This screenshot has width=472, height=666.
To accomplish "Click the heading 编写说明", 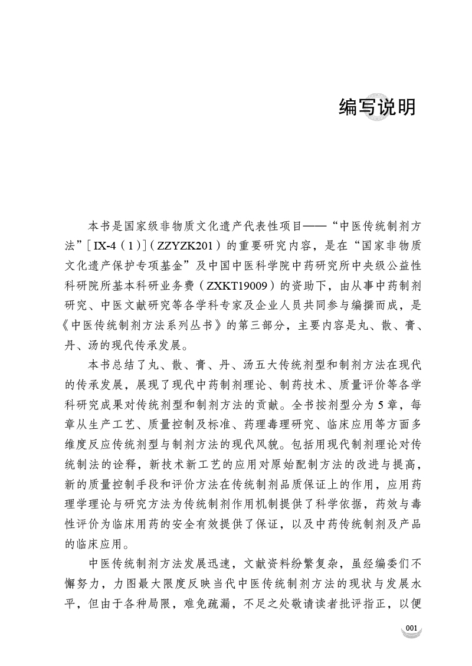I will click(x=378, y=107).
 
